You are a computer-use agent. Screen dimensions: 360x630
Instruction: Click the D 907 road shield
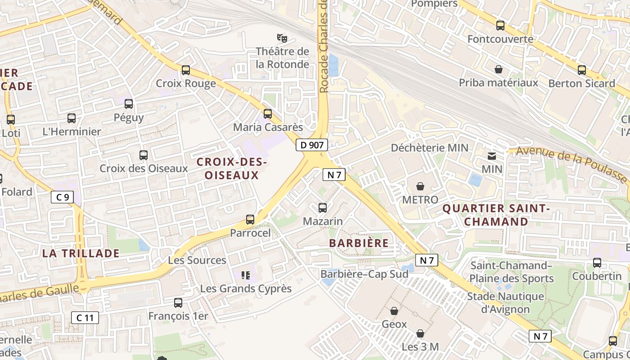click(311, 145)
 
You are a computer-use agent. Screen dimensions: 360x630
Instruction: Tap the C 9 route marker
click(62, 197)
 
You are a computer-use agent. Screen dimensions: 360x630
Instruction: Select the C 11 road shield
click(85, 318)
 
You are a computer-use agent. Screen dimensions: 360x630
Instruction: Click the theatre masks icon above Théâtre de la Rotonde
click(282, 37)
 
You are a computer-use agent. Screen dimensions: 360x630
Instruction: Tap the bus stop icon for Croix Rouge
click(185, 70)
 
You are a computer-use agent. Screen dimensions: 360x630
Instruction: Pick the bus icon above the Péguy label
click(129, 104)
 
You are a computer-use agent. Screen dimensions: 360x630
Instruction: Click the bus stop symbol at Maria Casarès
click(268, 113)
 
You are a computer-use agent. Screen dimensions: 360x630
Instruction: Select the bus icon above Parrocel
click(250, 220)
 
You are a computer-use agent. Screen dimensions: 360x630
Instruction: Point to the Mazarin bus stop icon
click(323, 207)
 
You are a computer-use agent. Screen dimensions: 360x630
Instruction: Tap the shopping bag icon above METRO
click(420, 186)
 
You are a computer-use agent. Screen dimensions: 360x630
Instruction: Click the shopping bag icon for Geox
click(394, 310)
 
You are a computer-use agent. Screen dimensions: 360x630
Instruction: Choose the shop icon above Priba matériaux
click(499, 69)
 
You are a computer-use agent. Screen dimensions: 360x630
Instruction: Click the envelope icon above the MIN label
click(492, 156)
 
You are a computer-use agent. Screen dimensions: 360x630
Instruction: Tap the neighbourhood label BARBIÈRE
click(359, 243)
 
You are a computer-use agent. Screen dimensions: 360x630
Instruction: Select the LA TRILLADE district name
click(81, 253)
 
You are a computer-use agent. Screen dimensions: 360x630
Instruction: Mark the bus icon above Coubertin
click(597, 262)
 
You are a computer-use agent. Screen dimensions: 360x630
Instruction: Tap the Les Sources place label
click(197, 260)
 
